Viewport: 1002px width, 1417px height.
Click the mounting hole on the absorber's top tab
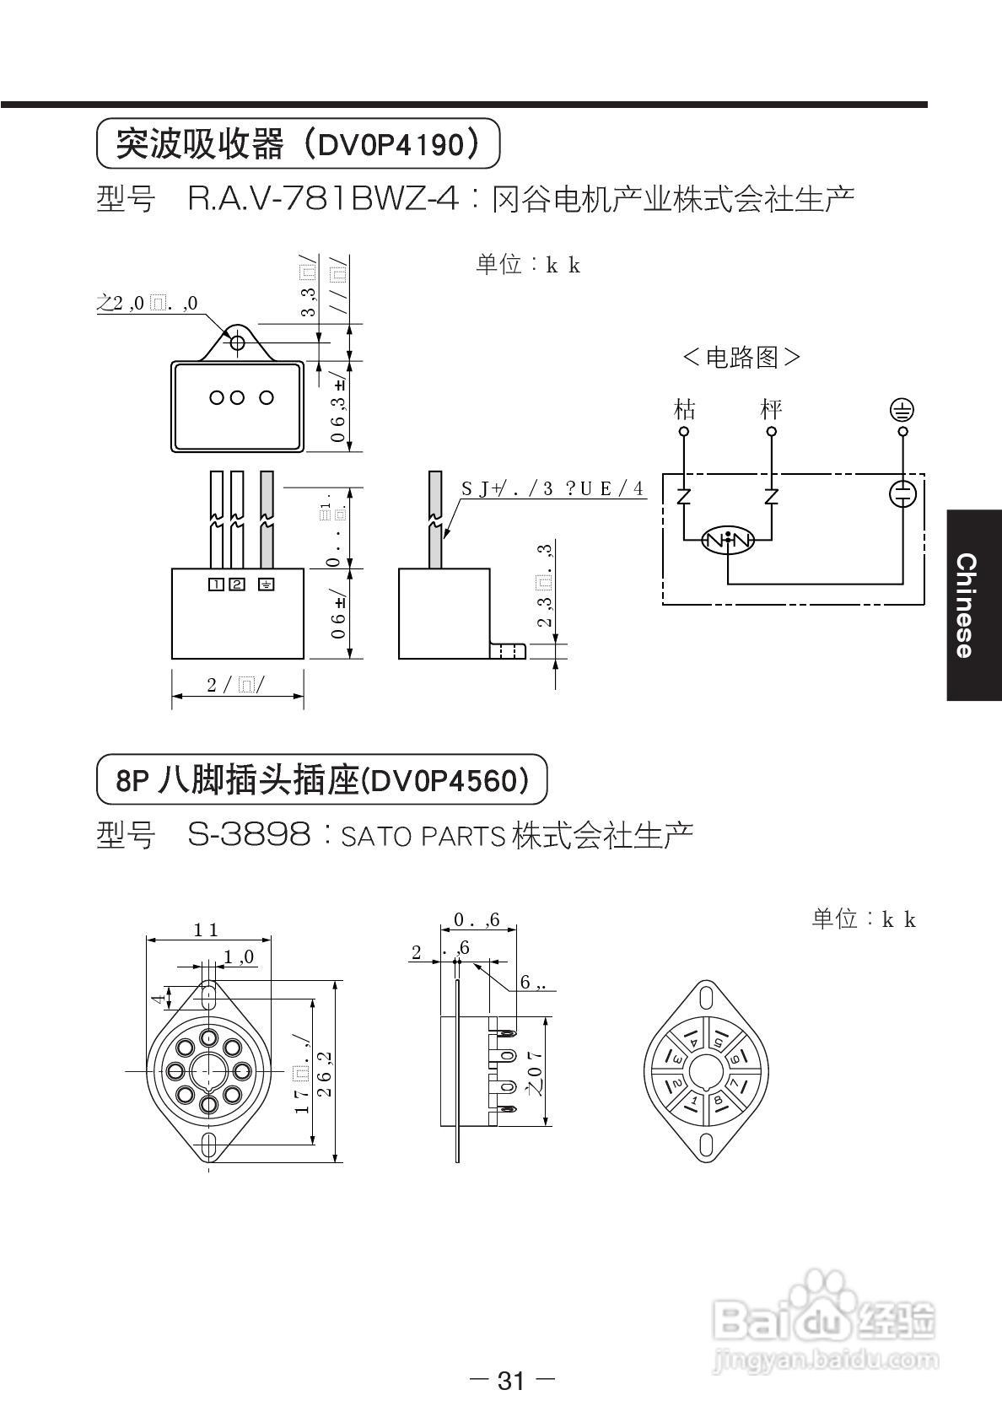[x=238, y=342]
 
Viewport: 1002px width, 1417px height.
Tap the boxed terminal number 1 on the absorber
[x=216, y=584]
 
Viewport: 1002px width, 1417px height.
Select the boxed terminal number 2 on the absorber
[x=237, y=584]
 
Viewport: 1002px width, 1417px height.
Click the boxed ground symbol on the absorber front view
[x=267, y=584]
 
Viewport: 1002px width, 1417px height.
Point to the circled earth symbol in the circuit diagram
[x=902, y=411]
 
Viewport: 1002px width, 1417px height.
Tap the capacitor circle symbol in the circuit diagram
[x=902, y=493]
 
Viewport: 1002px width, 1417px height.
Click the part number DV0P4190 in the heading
[x=390, y=146]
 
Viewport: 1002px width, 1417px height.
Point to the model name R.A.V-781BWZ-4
[x=324, y=200]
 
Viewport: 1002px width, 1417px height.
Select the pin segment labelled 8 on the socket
[x=718, y=1100]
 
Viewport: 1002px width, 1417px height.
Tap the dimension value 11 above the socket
[x=206, y=930]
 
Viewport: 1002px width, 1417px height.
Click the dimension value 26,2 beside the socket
[x=326, y=1072]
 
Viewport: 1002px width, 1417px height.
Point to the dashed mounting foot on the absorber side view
[x=508, y=651]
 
